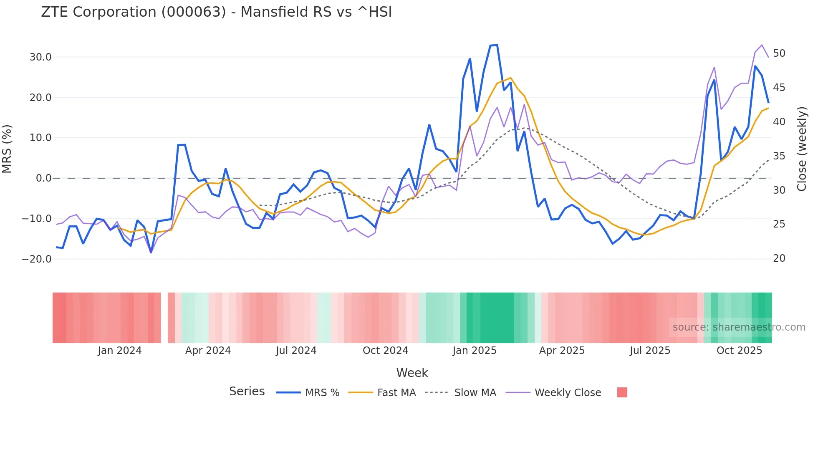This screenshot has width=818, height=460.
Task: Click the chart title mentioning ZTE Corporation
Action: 216,12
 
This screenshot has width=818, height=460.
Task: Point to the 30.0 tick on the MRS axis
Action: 40,57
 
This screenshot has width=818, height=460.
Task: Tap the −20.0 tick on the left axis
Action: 37,259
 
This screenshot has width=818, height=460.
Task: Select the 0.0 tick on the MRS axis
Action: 44,178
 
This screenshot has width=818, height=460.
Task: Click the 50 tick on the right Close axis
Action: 779,53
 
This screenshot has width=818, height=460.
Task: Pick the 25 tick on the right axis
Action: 779,224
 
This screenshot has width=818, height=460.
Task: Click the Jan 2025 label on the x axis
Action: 475,351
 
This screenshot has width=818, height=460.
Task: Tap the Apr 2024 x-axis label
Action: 208,351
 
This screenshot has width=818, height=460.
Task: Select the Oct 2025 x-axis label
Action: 739,351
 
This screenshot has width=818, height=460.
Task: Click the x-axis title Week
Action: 412,373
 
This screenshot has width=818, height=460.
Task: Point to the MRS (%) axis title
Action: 7,149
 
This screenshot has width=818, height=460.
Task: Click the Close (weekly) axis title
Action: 801,149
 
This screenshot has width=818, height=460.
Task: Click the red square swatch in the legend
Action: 622,392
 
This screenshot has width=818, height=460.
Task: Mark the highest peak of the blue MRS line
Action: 497,45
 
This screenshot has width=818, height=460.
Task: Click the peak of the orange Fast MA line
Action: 510,78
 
